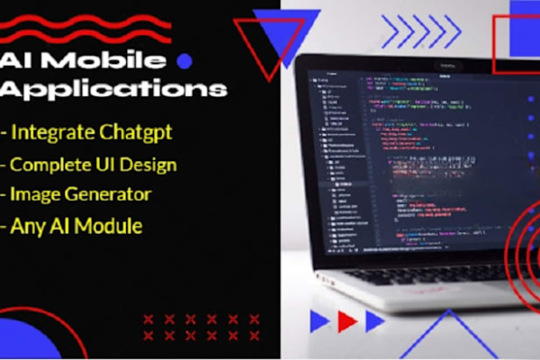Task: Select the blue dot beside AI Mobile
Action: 185,61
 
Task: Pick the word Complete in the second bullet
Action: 54,165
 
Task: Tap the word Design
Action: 151,165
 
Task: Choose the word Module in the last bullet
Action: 107,226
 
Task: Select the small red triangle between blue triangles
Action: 346,320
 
